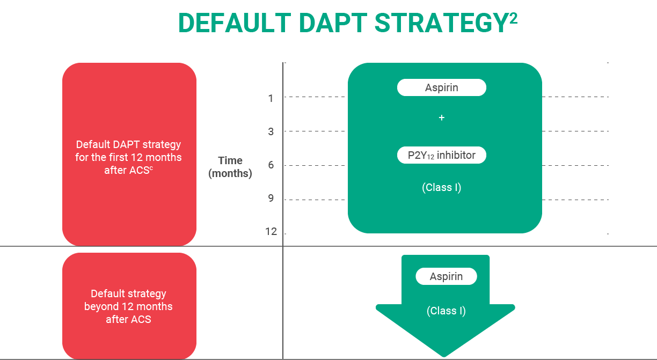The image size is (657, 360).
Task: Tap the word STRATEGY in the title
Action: (x=440, y=24)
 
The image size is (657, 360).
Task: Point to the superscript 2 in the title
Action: (x=513, y=17)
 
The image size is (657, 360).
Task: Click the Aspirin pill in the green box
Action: (x=441, y=87)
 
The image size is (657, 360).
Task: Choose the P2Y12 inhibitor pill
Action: (x=441, y=156)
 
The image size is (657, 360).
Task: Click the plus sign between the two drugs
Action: (x=442, y=118)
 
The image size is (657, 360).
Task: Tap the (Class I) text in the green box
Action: (x=441, y=188)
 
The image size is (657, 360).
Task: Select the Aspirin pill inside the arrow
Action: (x=446, y=277)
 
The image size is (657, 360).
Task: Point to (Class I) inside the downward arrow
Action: (x=446, y=311)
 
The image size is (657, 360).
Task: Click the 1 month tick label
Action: (x=271, y=98)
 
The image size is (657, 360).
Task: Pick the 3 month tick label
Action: (x=271, y=131)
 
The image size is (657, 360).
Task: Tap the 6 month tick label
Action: (x=271, y=165)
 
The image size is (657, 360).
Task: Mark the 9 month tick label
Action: (x=271, y=199)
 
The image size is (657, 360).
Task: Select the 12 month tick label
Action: (x=271, y=232)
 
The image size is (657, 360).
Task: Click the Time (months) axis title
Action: (x=230, y=167)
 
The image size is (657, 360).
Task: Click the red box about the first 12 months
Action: (x=129, y=155)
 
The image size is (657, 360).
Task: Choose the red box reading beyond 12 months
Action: (x=129, y=306)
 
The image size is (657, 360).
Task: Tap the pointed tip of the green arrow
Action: (x=444, y=354)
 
